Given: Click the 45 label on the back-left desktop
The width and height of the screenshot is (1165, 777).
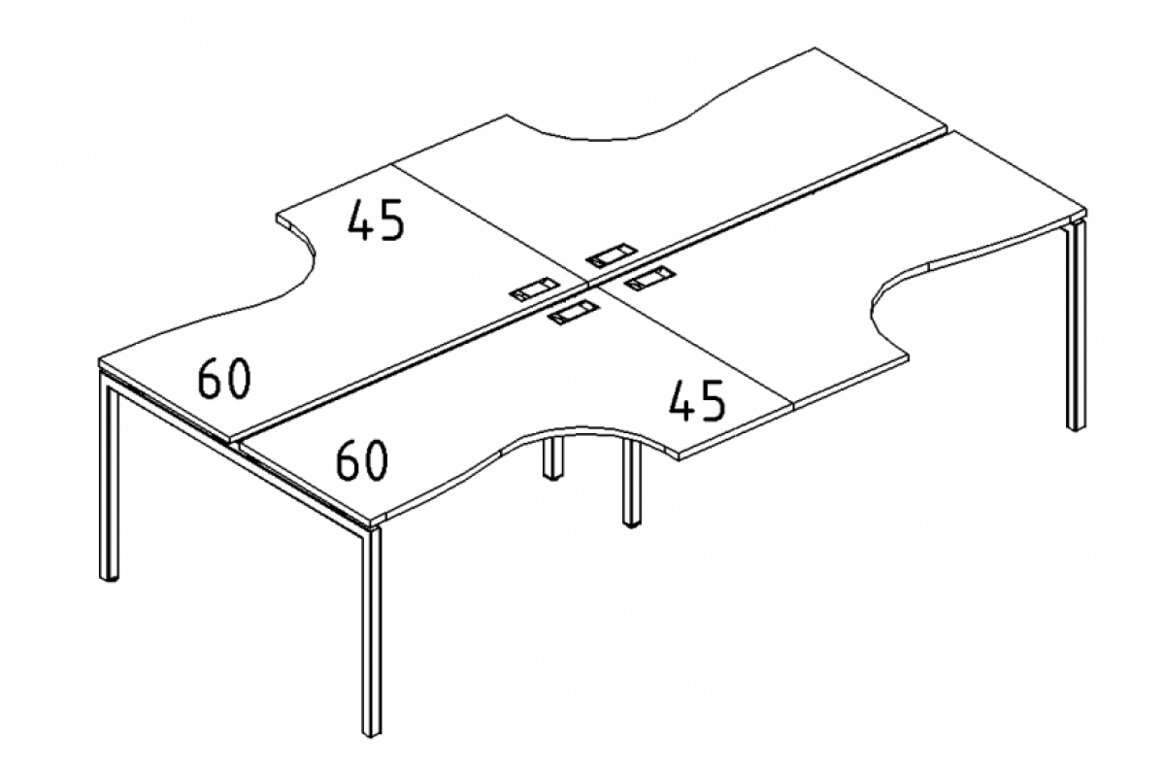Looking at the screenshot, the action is [376, 220].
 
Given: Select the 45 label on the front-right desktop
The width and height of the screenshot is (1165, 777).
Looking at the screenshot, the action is [697, 400].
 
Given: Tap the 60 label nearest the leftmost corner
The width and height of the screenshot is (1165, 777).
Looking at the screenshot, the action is [224, 380].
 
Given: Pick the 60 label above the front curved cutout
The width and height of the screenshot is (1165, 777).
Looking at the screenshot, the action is [362, 459].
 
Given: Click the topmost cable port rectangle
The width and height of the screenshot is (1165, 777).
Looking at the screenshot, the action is [611, 255].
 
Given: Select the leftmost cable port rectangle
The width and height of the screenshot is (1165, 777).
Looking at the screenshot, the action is [534, 289].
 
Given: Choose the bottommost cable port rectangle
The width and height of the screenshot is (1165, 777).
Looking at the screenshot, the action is [574, 313].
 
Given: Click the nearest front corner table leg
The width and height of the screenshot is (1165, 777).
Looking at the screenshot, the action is [372, 631].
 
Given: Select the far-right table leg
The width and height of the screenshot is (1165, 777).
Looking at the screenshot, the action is [1076, 327].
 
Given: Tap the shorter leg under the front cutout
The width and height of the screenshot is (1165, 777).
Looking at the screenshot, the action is [553, 458].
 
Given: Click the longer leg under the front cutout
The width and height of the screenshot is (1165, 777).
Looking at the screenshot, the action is [632, 485].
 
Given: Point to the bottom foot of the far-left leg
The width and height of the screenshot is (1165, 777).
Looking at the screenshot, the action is [109, 577].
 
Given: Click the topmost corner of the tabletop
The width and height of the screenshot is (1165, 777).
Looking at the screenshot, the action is [815, 49].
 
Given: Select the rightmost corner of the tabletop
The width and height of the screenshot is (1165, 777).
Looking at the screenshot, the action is [1086, 210].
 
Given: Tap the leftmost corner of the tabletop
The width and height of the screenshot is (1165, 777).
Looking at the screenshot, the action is [99, 359].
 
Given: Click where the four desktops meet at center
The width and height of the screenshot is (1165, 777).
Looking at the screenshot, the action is [586, 285].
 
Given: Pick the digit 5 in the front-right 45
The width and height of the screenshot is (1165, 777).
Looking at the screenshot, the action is [712, 400].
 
